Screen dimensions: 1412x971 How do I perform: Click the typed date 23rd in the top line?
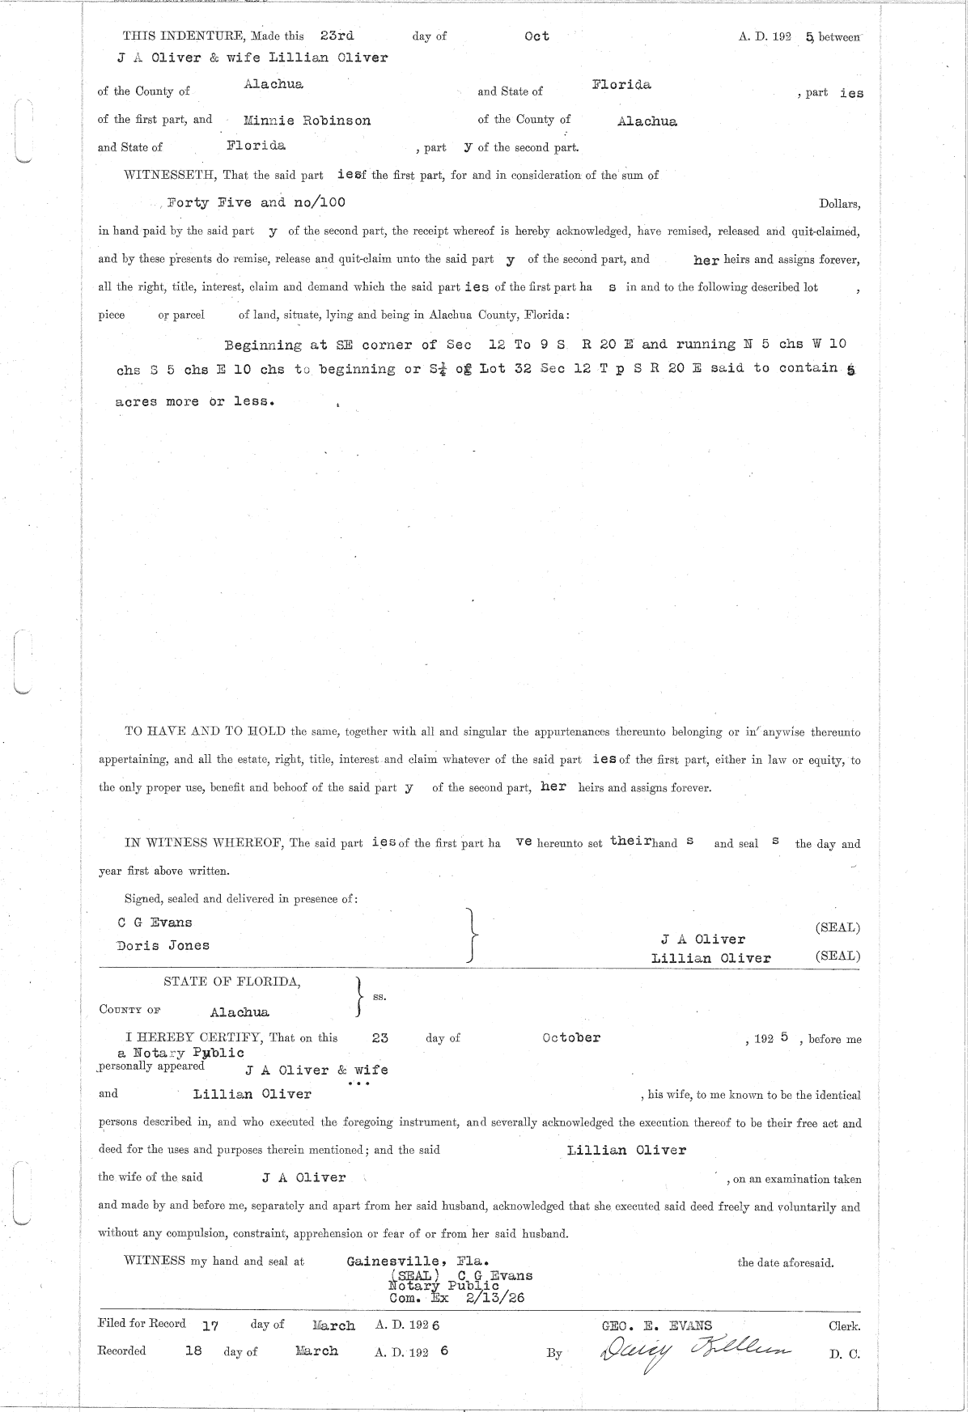tap(337, 36)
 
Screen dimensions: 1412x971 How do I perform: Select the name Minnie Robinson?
tap(307, 121)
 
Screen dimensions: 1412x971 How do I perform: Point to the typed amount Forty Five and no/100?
tap(256, 202)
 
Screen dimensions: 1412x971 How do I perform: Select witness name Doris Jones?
tap(163, 945)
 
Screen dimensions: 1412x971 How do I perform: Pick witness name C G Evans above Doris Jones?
tap(155, 922)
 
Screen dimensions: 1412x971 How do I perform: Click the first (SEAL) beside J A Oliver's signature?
tap(837, 927)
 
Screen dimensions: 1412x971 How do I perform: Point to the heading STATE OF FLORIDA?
tap(232, 982)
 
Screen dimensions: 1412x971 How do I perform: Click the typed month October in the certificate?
tap(571, 1037)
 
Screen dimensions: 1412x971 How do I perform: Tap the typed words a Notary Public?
tap(180, 1053)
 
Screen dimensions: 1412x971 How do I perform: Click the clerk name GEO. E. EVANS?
tap(657, 1325)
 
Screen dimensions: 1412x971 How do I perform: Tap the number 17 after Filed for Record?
tap(210, 1325)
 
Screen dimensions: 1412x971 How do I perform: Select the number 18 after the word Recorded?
tap(193, 1351)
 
